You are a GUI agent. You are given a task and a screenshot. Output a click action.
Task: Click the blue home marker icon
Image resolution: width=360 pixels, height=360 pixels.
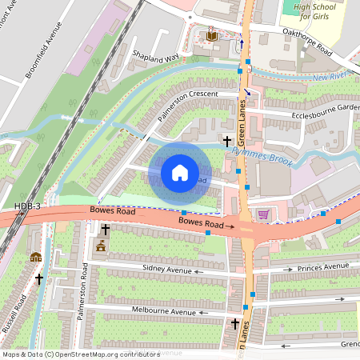coord(180,172)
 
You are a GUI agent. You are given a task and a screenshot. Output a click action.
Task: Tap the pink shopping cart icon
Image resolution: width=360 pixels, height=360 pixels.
coord(263,214)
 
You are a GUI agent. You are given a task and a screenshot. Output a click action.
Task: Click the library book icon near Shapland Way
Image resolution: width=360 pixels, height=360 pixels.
coord(211,37)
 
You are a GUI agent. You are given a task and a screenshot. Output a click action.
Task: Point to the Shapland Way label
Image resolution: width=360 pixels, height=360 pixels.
coord(156,58)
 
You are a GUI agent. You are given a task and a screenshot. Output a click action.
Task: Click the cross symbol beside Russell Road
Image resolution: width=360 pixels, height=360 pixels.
coord(38,279)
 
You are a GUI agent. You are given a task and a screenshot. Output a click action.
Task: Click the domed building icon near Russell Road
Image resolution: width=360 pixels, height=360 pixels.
coord(35,257)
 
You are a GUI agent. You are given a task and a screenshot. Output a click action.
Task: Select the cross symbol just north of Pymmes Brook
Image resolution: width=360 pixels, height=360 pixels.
coord(226,140)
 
